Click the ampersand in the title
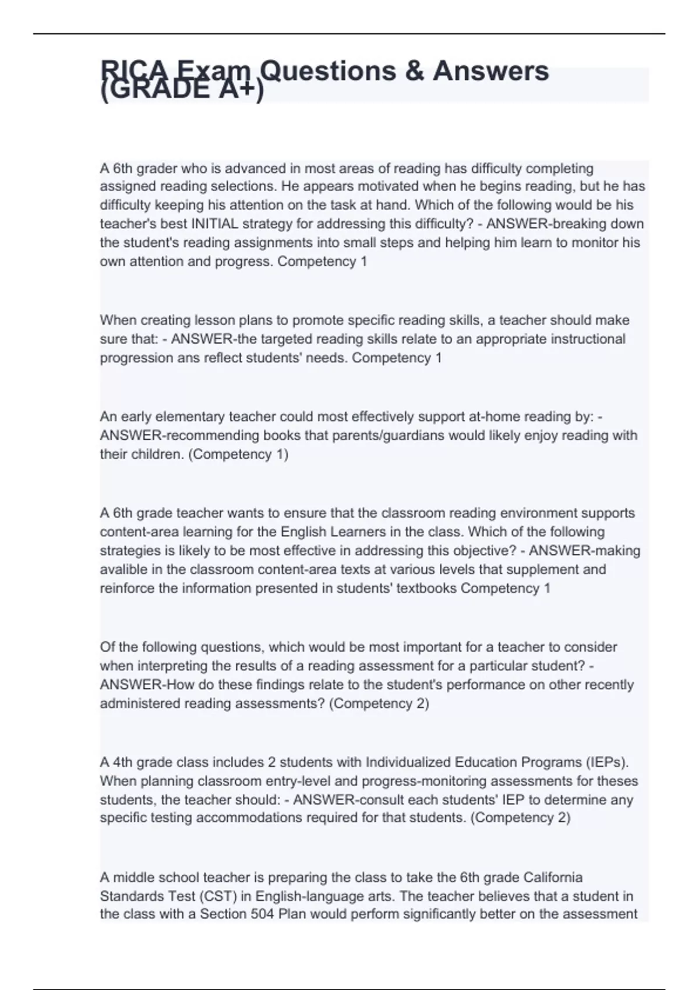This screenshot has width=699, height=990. (x=413, y=70)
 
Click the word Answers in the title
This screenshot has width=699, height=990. (x=490, y=70)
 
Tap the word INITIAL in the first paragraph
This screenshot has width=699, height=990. (x=215, y=224)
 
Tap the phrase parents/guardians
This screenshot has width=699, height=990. (x=386, y=435)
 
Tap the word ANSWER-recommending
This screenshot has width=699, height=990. (x=179, y=435)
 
